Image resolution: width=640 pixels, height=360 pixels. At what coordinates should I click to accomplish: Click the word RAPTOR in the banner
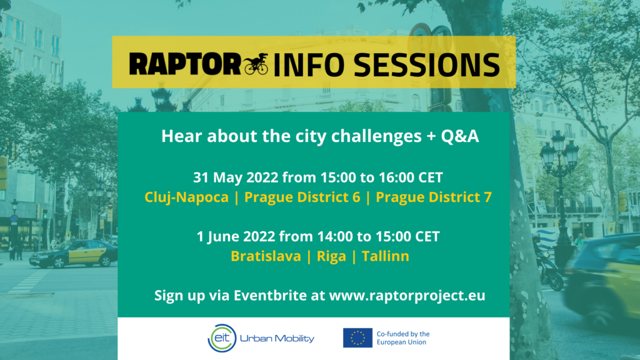point(185,64)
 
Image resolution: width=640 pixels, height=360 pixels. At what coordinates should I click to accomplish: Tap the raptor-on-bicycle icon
point(256,64)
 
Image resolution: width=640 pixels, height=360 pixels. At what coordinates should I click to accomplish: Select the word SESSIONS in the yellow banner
point(426,64)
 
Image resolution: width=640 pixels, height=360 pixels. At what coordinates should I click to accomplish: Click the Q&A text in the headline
point(459,136)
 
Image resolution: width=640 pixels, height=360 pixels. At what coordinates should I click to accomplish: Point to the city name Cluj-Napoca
point(186,197)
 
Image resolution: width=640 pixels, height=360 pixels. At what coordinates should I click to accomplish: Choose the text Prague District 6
point(302,197)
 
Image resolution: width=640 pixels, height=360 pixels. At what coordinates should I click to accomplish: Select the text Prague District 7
point(434,197)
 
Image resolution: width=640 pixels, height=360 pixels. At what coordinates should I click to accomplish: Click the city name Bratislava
point(266,256)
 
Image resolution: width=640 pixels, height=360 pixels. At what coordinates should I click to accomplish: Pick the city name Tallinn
point(385,256)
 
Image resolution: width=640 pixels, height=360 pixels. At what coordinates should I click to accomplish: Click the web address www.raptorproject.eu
point(407,296)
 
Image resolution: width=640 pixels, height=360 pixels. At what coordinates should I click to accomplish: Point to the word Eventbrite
point(270,295)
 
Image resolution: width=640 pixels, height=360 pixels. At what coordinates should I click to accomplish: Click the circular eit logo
point(222,338)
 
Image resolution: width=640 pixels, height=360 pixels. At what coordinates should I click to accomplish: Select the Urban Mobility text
point(277,338)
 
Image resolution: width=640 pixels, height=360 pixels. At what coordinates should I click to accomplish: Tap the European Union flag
point(357,338)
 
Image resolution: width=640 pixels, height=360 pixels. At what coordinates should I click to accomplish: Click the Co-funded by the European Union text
point(403,338)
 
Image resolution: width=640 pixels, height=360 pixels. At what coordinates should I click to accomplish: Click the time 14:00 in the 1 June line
point(335,237)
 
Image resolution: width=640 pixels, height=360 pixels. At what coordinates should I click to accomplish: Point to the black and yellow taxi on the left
point(74,254)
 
